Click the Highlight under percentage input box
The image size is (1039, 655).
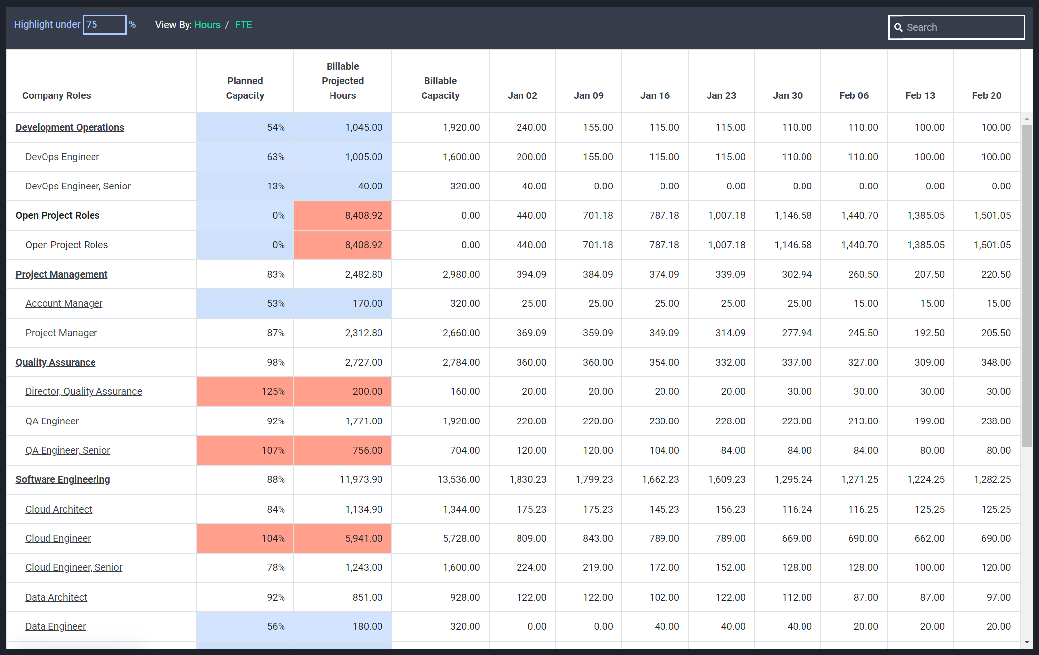pos(104,25)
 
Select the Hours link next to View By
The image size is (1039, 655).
pos(207,25)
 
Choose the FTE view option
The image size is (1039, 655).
pos(243,25)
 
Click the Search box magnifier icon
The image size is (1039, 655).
pos(898,27)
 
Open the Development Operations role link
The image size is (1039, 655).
pos(70,127)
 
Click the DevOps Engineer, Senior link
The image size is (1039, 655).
pos(78,186)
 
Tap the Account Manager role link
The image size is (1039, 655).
pos(64,303)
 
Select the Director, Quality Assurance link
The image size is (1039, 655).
pos(84,391)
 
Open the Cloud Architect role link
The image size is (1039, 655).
pos(59,509)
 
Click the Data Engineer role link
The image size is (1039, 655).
pos(55,626)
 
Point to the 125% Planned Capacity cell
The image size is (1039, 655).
pos(245,392)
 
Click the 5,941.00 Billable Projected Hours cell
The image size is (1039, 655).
pos(342,539)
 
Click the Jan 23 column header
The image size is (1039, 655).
pos(721,95)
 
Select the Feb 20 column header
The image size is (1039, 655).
pos(987,95)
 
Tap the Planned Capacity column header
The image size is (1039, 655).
pos(245,88)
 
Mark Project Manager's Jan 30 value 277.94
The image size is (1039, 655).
pos(797,333)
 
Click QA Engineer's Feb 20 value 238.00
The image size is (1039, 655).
pos(995,421)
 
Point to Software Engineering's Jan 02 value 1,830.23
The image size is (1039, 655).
pos(528,479)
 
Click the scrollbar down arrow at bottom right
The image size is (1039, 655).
pos(1027,642)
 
